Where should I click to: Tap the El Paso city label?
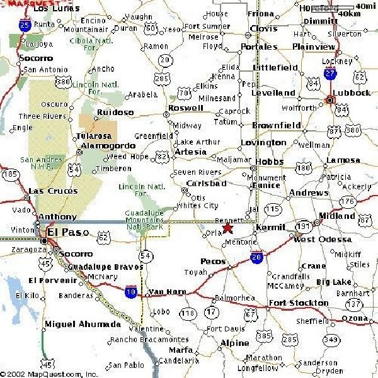click(x=68, y=233)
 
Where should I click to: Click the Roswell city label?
click(x=186, y=108)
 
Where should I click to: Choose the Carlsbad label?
click(x=206, y=184)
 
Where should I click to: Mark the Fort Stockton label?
click(x=299, y=303)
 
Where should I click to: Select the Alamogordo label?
click(x=105, y=146)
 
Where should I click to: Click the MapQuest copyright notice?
click(x=49, y=374)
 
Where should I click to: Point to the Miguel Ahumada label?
click(x=83, y=325)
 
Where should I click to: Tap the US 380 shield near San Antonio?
click(x=62, y=81)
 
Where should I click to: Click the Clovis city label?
click(x=263, y=28)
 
